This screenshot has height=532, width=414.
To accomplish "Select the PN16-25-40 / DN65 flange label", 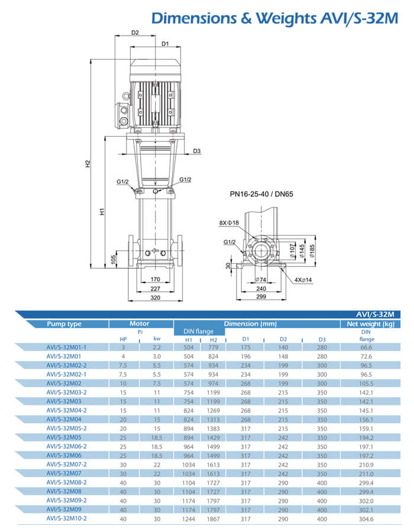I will coord(261,193).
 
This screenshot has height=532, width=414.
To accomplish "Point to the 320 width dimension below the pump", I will coord(156,299).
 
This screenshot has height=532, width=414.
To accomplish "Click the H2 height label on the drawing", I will coord(88,164).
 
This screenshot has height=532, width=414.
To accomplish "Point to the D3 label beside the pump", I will coord(197,151).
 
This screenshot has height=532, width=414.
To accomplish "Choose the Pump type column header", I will coord(64,324).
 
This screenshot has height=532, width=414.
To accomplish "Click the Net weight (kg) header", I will coord(370,324).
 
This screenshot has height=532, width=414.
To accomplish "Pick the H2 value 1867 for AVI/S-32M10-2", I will coord(214,518).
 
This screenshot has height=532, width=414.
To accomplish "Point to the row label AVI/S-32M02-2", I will coord(66,365).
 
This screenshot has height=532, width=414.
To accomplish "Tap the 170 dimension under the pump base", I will coord(156,279).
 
